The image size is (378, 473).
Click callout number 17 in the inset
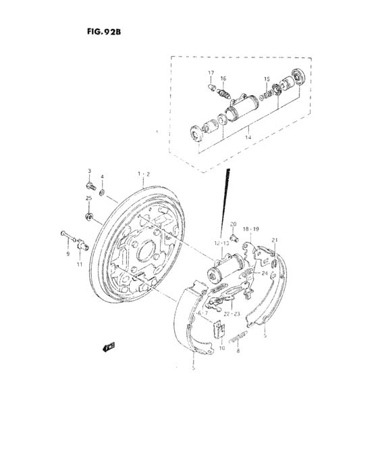[211, 72]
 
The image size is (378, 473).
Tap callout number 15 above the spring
[267, 78]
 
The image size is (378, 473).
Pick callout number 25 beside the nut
[88, 197]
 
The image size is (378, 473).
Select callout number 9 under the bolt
[67, 254]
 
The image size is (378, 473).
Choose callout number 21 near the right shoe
[275, 241]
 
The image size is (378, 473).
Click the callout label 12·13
[222, 243]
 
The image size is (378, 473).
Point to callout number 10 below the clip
[222, 349]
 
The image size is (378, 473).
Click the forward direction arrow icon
[107, 347]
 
